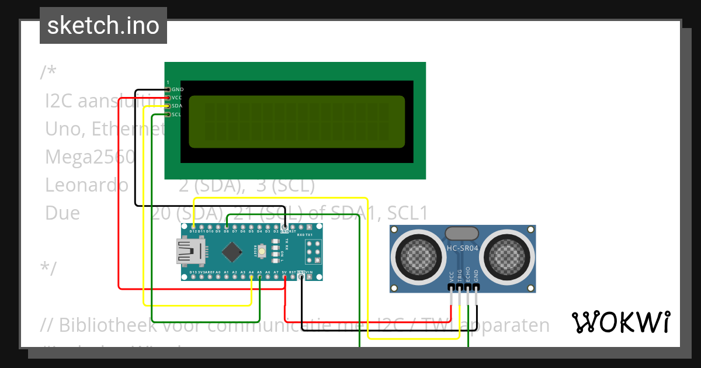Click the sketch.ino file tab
[103, 26]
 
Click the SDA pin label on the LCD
[177, 106]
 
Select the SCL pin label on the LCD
[176, 114]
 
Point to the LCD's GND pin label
[178, 89]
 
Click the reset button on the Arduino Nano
[262, 251]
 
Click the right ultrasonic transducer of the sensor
[508, 254]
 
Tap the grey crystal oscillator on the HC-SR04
[463, 233]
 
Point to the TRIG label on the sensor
[460, 277]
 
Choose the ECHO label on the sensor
[468, 277]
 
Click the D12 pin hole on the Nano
[193, 226]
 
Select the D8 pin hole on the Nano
[227, 226]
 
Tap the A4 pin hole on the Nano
[251, 277]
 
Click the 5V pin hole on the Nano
[284, 277]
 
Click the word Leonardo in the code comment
[86, 185]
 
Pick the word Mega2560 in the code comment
[90, 157]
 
